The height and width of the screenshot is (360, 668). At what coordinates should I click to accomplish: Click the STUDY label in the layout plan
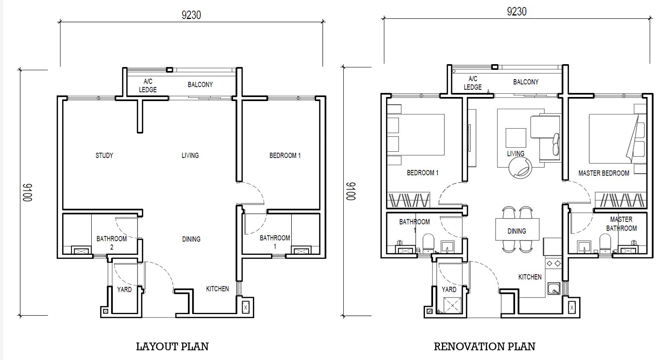(104, 155)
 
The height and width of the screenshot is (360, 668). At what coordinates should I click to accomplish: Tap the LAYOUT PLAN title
(172, 347)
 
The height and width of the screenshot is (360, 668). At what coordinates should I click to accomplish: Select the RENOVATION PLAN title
(484, 347)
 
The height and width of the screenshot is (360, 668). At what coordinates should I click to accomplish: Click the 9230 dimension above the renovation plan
(517, 12)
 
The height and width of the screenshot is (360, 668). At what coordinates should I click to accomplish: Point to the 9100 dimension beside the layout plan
(28, 193)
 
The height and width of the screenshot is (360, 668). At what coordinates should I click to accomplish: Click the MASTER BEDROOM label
(603, 173)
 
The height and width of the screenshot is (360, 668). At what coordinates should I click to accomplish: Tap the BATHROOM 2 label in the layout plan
(112, 243)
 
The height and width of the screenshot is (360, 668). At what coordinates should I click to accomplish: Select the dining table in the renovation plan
(517, 229)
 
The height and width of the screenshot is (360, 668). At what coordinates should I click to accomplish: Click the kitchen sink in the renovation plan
(554, 289)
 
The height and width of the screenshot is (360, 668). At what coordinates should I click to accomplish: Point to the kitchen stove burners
(553, 263)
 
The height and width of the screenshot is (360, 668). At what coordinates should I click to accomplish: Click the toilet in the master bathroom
(605, 243)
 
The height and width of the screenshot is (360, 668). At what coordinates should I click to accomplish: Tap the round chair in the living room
(520, 168)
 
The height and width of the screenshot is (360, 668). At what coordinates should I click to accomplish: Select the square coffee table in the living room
(516, 138)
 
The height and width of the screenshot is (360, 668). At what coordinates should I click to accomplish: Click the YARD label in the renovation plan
(449, 290)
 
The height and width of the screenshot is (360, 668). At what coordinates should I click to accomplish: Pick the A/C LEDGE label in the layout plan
(148, 86)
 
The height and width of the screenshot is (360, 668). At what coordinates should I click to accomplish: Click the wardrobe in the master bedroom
(621, 200)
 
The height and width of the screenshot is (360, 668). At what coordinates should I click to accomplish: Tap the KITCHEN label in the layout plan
(218, 289)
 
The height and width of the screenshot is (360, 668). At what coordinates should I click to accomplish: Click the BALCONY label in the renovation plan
(526, 82)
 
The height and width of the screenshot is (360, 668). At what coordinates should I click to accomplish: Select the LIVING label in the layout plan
(190, 155)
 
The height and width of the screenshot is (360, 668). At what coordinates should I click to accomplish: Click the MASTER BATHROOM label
(621, 224)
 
